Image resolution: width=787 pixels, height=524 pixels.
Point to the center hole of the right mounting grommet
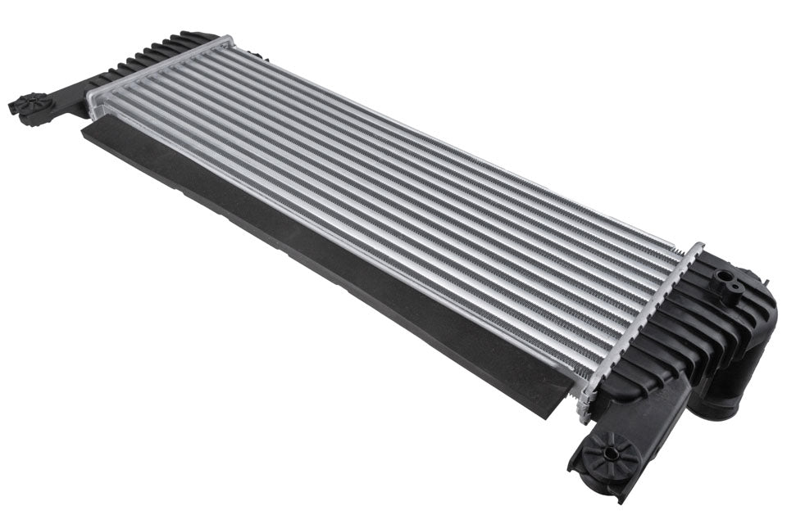[x=611, y=450]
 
